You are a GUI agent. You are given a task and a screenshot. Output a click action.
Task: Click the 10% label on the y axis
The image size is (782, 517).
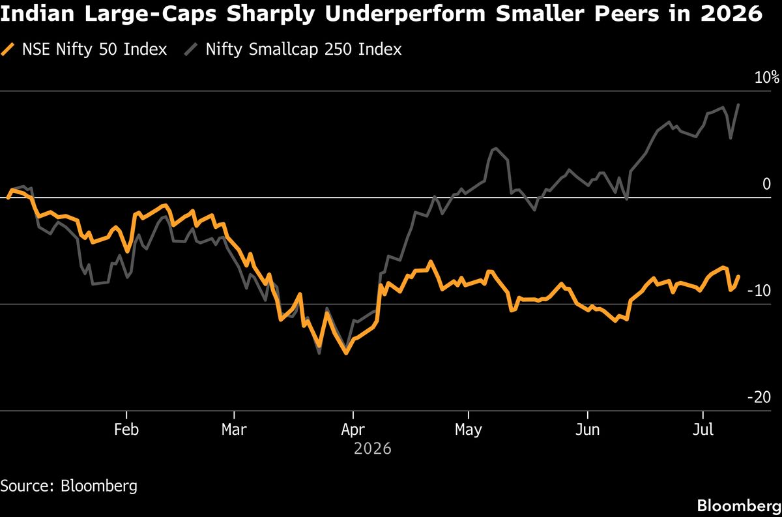pos(766,77)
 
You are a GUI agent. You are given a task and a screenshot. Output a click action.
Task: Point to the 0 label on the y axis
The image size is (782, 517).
pos(766,184)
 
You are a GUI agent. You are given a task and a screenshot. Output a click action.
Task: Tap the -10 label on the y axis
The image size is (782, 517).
pos(759,290)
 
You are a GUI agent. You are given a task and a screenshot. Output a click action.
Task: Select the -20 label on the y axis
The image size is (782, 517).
pos(759,397)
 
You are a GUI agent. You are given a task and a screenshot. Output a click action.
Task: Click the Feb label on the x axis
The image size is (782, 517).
pos(126,430)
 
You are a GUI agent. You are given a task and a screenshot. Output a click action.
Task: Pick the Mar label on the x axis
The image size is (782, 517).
pos(234,430)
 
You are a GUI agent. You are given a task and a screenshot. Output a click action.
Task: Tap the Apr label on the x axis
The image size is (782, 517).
pos(353,430)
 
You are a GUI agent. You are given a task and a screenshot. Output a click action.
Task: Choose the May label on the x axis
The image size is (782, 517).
pos(468,430)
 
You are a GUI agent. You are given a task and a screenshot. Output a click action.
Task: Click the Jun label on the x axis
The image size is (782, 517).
pos(588,430)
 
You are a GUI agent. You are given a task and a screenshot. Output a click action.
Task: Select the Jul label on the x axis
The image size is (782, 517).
pos(702,430)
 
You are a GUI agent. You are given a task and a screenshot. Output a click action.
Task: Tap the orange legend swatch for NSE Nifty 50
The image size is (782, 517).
pos(8,49)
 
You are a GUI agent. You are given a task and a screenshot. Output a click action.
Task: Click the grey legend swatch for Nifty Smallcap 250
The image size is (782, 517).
pos(191,49)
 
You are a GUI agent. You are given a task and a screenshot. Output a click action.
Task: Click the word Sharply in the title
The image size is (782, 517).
pos(270,14)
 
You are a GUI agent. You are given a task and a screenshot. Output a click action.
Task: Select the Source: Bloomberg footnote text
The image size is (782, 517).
pos(69,486)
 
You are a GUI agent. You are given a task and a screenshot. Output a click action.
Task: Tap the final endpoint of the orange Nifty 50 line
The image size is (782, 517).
pos(738,276)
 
